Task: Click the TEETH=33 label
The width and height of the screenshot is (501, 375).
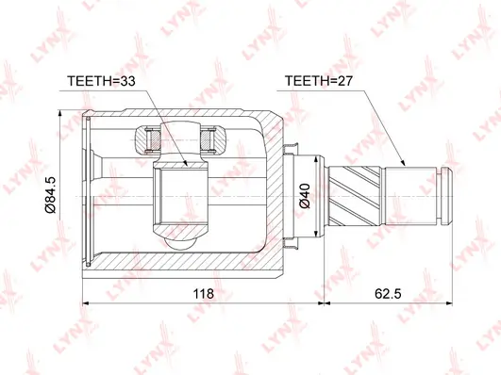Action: coord(101,81)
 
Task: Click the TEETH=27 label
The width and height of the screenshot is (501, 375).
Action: coord(319,81)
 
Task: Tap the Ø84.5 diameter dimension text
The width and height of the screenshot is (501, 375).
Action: coord(50,194)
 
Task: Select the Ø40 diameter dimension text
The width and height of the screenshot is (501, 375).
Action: coord(305,196)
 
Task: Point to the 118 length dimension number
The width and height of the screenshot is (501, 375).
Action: coord(203,293)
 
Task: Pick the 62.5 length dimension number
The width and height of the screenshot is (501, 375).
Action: coord(388,293)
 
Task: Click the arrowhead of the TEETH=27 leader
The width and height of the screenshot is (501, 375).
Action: coord(402,162)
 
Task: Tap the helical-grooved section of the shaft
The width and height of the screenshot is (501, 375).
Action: coord(355,196)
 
